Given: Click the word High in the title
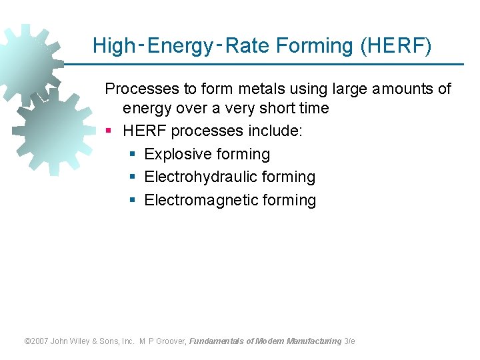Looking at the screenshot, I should (x=114, y=46).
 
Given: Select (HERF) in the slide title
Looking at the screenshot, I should (x=395, y=46).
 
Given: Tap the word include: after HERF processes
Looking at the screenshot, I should (x=274, y=131).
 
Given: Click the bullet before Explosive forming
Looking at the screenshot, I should (x=133, y=155).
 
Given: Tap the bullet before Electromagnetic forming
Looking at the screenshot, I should (x=133, y=201).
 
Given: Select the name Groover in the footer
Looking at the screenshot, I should (x=171, y=341).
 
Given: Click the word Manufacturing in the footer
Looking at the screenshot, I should (x=313, y=341).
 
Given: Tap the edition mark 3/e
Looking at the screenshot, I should (x=349, y=341).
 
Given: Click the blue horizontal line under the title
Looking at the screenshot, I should (x=280, y=64).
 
